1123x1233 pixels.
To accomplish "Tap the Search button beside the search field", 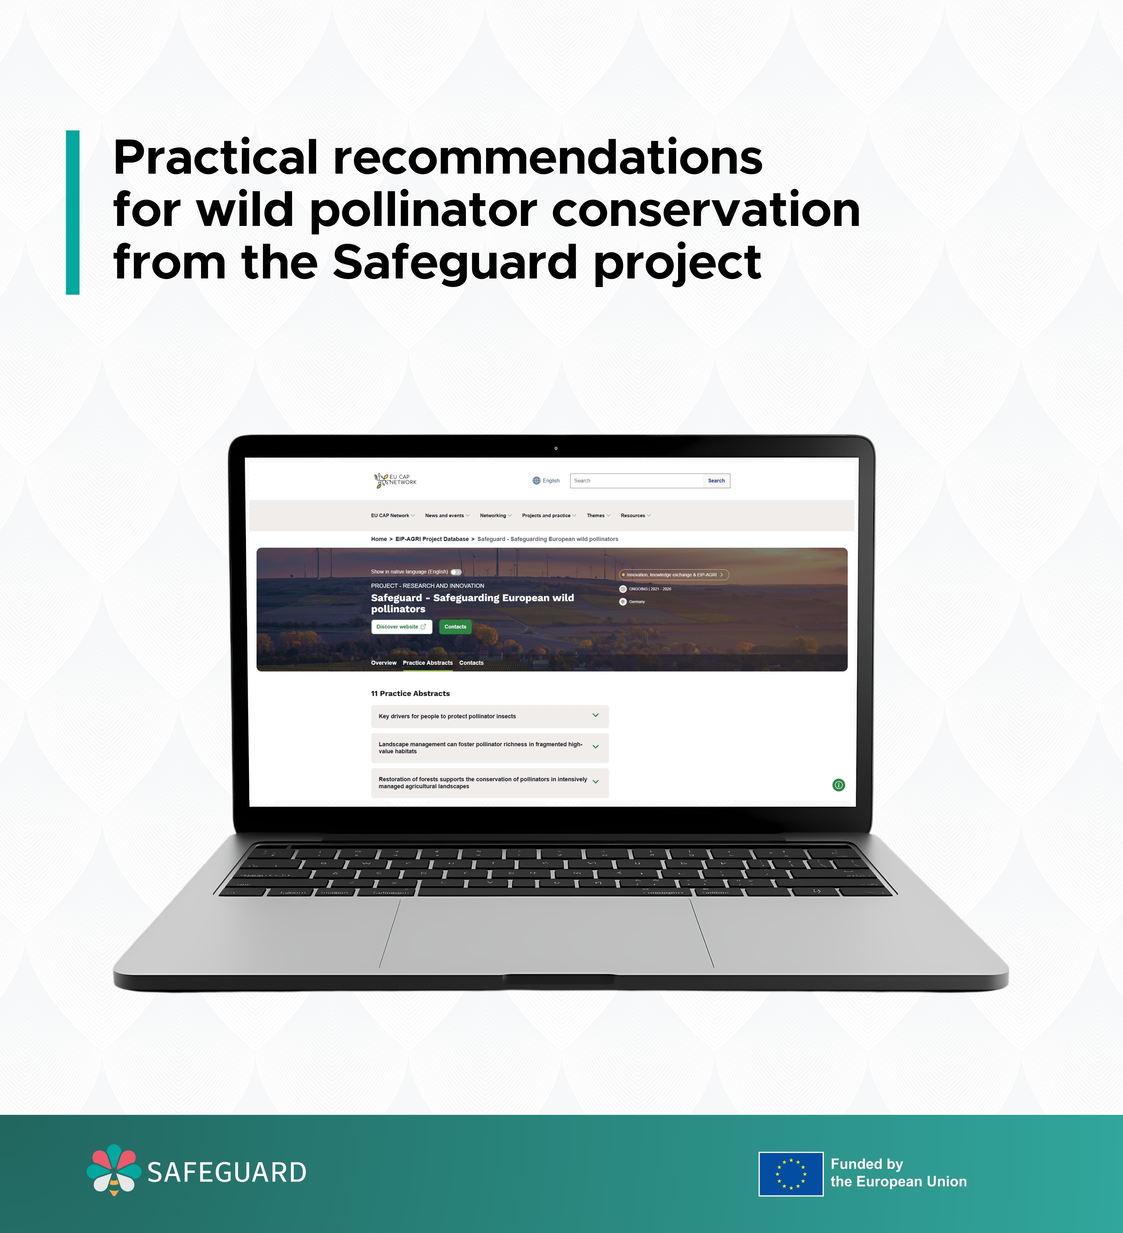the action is click(x=716, y=481).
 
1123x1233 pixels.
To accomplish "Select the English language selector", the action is click(x=546, y=481).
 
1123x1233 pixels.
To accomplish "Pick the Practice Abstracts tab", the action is click(x=428, y=663).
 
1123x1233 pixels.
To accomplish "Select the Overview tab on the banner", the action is click(x=384, y=663).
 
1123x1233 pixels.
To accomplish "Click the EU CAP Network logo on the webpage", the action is click(x=395, y=480).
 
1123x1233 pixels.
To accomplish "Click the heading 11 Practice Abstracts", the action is click(x=410, y=694).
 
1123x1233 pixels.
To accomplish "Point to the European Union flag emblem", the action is click(x=791, y=1174).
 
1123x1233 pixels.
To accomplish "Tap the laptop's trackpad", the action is click(x=546, y=934).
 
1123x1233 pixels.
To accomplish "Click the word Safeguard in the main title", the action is click(x=455, y=262).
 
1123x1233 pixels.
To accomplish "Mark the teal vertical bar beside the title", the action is click(x=73, y=212).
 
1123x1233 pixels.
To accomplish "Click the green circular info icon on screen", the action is click(x=839, y=785).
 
